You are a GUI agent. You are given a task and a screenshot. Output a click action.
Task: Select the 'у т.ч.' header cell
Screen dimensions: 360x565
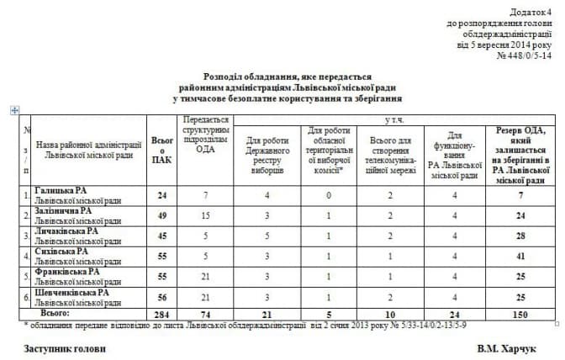[392, 120]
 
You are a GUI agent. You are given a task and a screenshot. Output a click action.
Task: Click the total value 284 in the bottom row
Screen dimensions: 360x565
[161, 313]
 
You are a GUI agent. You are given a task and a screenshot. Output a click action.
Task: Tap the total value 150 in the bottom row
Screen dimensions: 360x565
[521, 313]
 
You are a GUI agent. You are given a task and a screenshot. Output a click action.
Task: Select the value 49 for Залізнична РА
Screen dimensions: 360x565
[161, 215]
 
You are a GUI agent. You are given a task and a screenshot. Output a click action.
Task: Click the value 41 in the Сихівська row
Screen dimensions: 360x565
[521, 256]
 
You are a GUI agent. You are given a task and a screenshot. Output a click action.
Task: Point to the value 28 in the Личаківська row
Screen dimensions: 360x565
[521, 236]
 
